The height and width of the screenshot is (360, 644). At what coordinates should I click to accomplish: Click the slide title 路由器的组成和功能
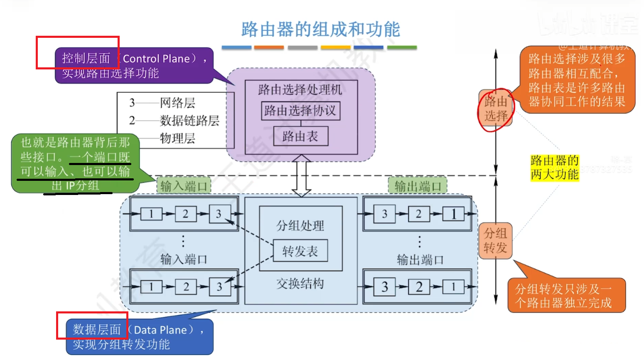pyautogui.click(x=320, y=30)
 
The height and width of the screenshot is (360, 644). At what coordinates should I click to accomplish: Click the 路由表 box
pyautogui.click(x=300, y=136)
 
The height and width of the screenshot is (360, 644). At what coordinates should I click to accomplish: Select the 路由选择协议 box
pyautogui.click(x=300, y=111)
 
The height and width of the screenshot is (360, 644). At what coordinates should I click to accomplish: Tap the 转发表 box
pyautogui.click(x=300, y=251)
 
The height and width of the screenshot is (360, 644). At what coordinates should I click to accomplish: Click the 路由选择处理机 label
pyautogui.click(x=300, y=89)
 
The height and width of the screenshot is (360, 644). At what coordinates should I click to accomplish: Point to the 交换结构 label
pyautogui.click(x=300, y=284)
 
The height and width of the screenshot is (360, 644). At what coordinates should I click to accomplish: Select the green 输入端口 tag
pyautogui.click(x=184, y=186)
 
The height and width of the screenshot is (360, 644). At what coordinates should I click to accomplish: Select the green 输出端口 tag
pyautogui.click(x=418, y=186)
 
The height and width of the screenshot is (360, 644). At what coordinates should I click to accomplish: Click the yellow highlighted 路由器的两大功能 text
pyautogui.click(x=554, y=168)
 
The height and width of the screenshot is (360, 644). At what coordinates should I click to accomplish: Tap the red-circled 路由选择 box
pyautogui.click(x=496, y=109)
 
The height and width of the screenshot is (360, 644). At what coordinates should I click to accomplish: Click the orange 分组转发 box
pyautogui.click(x=495, y=241)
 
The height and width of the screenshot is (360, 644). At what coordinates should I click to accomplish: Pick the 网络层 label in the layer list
pyautogui.click(x=177, y=103)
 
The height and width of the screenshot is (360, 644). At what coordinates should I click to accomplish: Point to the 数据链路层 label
pyautogui.click(x=189, y=121)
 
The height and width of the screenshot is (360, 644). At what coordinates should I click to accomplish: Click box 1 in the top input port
pyautogui.click(x=151, y=214)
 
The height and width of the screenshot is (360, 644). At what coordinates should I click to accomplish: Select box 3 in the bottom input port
pyautogui.click(x=219, y=287)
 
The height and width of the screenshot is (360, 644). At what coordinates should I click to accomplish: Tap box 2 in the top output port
pyautogui.click(x=418, y=214)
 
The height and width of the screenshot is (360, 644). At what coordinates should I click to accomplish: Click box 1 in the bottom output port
pyautogui.click(x=453, y=287)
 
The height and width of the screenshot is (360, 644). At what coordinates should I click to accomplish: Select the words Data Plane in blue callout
pyautogui.click(x=160, y=330)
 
